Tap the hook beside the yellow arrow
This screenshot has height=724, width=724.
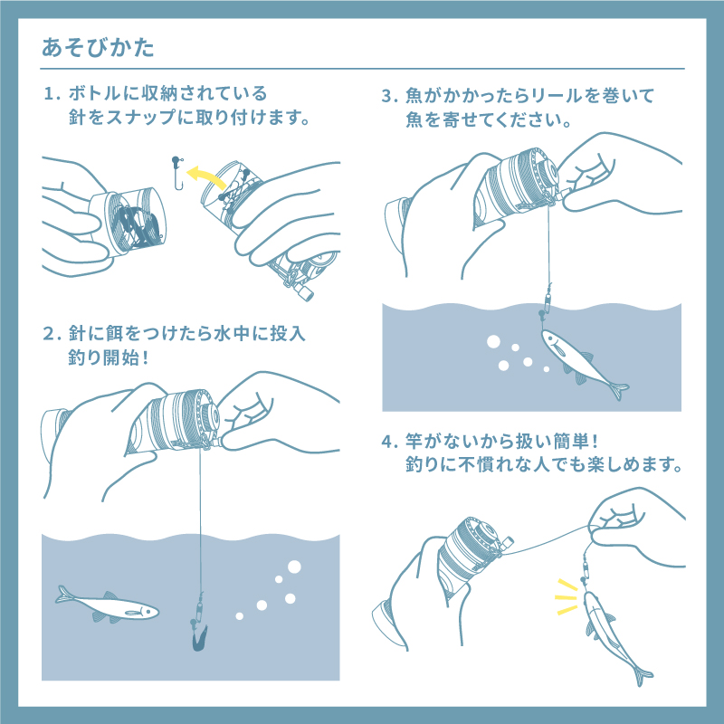(x=177, y=174)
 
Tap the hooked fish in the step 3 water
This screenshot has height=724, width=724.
(x=579, y=360)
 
